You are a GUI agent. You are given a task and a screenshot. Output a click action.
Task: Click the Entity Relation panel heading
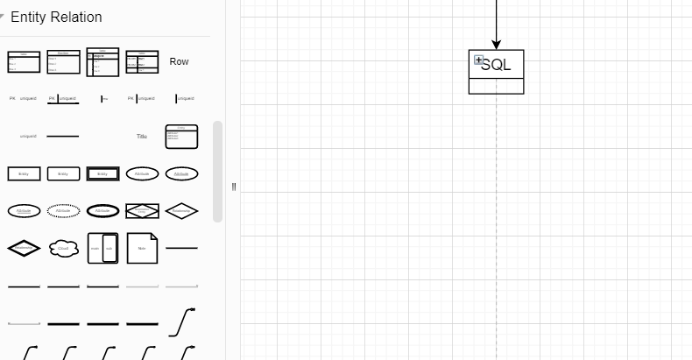click(56, 18)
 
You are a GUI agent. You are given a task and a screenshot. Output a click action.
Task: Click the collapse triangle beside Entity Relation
click(3, 17)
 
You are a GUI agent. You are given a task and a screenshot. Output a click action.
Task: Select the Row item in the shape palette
click(179, 61)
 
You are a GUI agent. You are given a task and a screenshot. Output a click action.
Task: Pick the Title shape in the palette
click(142, 137)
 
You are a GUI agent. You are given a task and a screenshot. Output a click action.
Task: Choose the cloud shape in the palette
click(63, 249)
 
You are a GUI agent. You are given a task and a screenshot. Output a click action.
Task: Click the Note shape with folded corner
click(142, 248)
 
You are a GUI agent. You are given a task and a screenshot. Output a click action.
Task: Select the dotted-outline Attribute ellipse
click(63, 211)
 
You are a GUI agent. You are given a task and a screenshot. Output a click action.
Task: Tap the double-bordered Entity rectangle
click(102, 173)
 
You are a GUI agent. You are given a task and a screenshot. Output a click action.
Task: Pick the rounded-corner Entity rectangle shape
click(63, 173)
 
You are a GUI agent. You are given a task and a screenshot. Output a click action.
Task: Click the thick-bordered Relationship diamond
click(24, 249)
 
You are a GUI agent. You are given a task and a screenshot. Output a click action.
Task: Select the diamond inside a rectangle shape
click(142, 211)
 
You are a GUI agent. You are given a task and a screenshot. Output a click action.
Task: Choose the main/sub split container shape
click(102, 248)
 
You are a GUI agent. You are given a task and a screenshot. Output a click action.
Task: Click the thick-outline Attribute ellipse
click(102, 211)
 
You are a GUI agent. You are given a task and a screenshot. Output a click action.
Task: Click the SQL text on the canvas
click(498, 65)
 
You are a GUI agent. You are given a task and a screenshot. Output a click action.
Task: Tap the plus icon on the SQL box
click(478, 60)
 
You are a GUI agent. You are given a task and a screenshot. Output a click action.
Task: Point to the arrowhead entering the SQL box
click(496, 44)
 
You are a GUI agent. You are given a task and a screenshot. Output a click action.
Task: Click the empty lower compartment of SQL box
click(496, 86)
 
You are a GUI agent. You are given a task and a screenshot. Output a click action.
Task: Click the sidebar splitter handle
click(234, 187)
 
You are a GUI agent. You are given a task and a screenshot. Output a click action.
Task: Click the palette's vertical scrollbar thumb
click(218, 171)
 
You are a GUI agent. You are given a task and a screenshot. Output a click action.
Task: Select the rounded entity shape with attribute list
click(181, 137)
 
